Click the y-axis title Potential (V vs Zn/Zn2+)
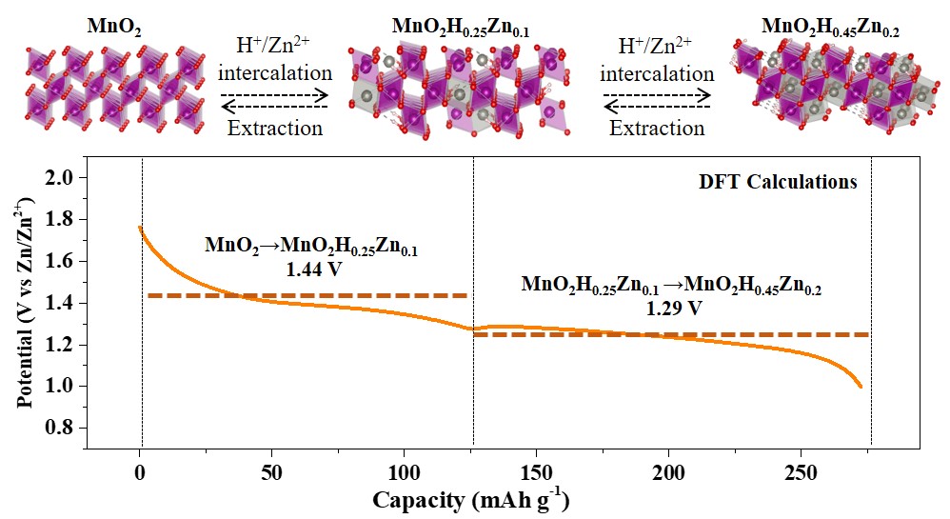coord(26,302)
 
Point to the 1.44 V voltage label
coord(313,269)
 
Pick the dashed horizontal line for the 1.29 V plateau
coord(671,334)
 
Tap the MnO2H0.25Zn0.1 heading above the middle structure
coord(461,28)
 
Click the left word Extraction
coord(276,128)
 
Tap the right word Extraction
coord(657,128)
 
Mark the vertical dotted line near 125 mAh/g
coord(473,305)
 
